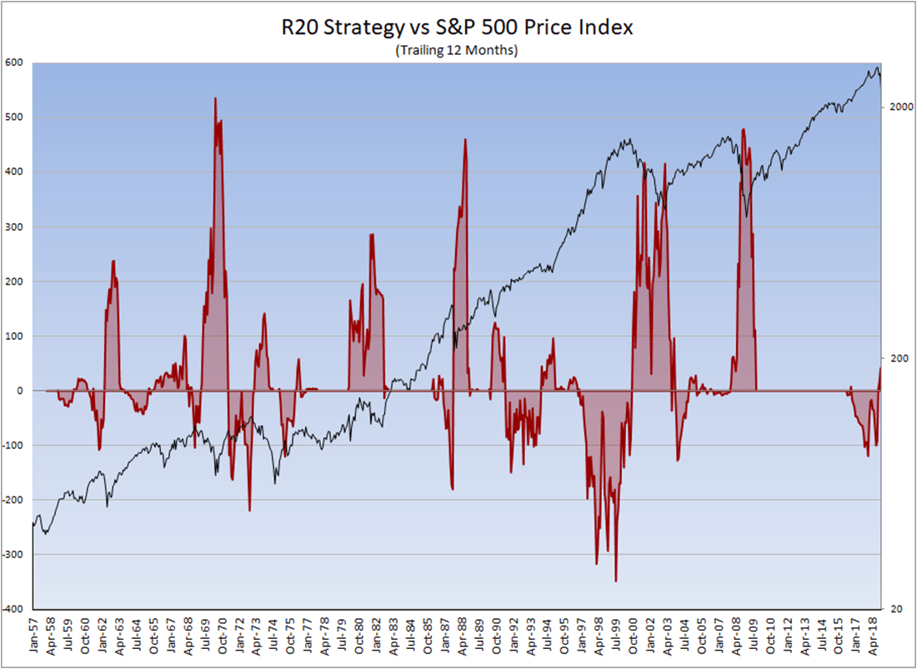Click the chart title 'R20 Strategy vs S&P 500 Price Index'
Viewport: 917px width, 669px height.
click(x=457, y=27)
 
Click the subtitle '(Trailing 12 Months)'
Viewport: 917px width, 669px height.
click(x=457, y=51)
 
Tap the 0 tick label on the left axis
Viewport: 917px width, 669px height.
click(x=21, y=391)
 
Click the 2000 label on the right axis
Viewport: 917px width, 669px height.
click(x=900, y=107)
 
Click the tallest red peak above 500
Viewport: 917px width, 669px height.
click(x=215, y=99)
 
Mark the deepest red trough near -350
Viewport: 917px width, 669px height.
click(x=615, y=581)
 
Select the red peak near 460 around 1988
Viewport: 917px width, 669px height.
click(x=465, y=140)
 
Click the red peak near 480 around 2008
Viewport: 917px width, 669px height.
click(x=742, y=130)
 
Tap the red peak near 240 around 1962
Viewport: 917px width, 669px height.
click(x=113, y=262)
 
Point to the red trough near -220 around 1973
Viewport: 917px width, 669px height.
click(x=249, y=510)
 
